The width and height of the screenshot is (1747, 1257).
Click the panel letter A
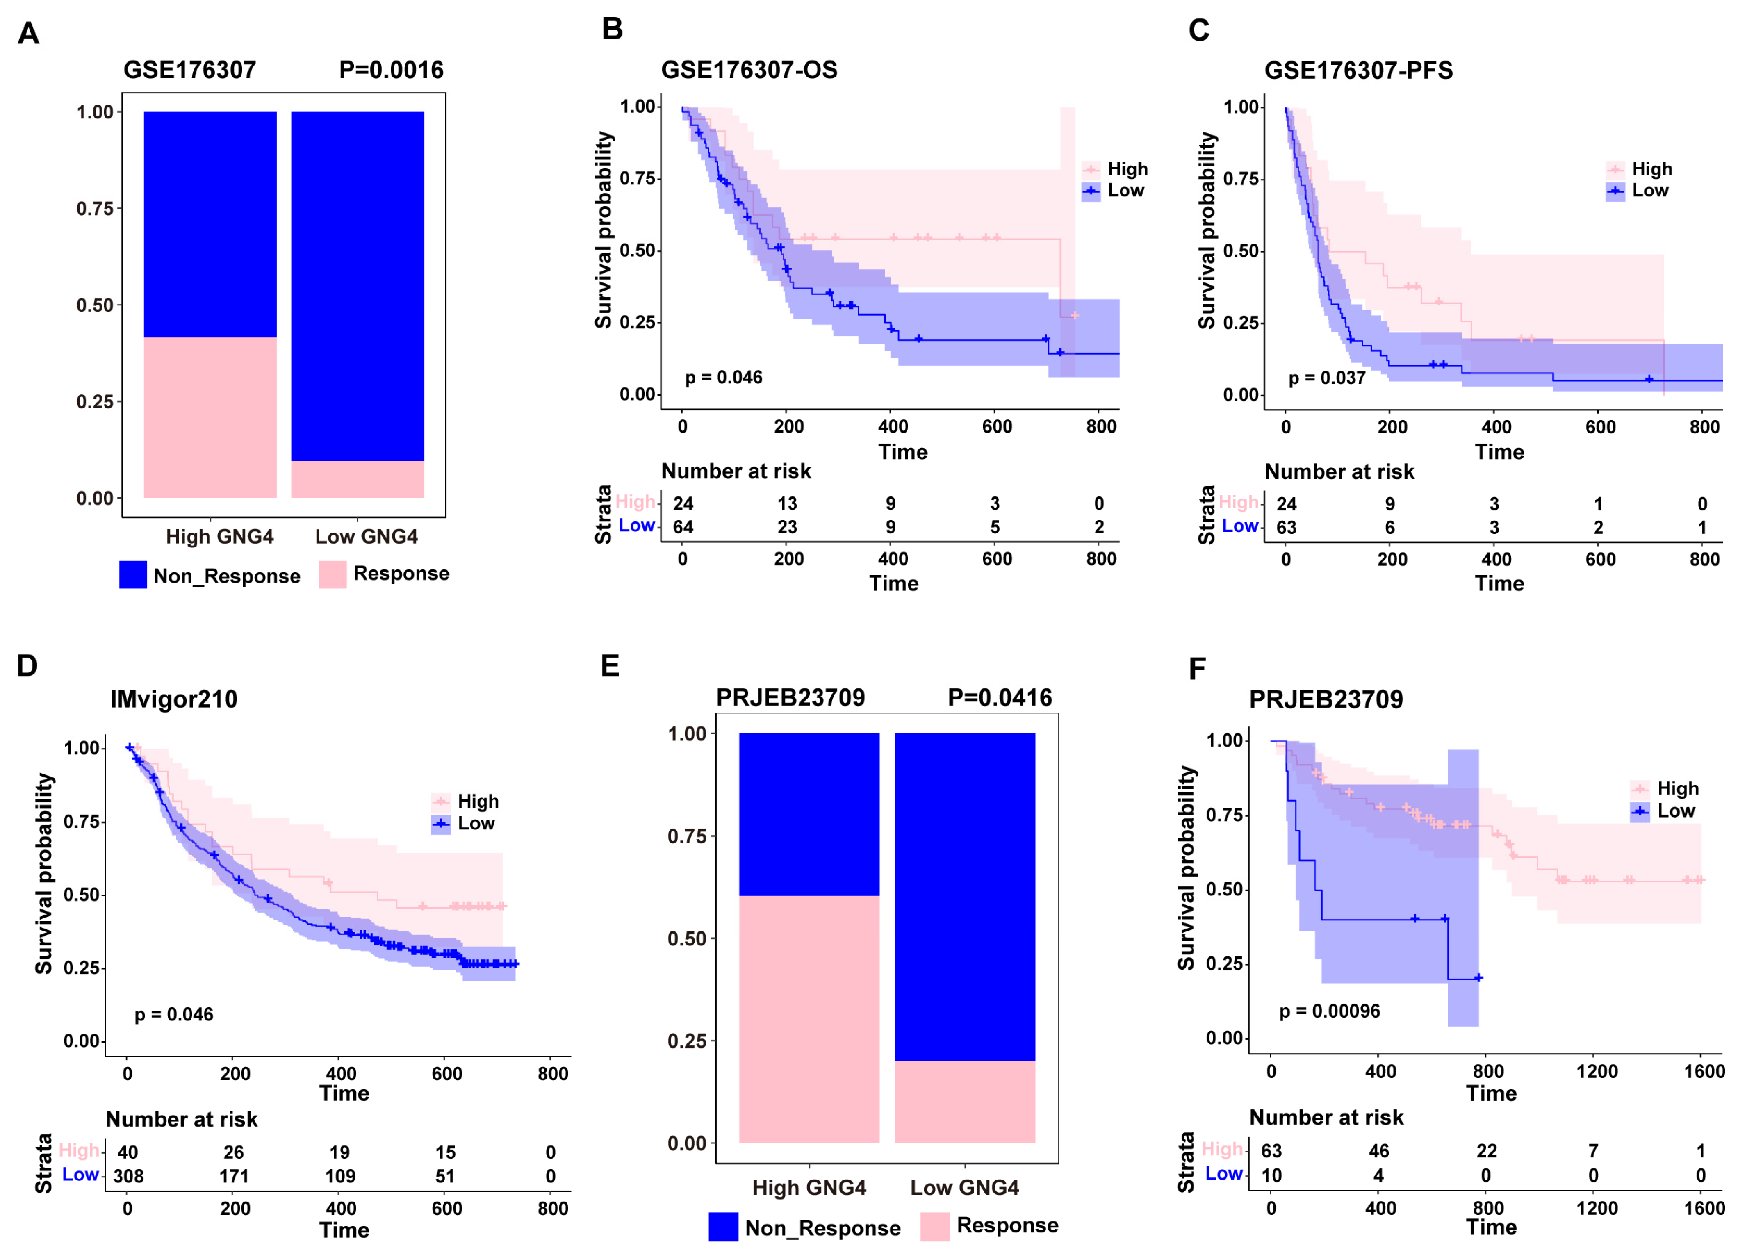click(29, 34)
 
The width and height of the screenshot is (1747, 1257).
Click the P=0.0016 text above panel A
click(391, 70)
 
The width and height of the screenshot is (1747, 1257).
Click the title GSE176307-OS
click(749, 70)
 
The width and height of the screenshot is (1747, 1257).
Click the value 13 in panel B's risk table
click(786, 504)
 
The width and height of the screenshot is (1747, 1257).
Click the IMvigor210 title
click(174, 699)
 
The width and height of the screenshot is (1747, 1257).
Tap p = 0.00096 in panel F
click(1330, 1011)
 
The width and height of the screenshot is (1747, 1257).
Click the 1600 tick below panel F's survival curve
click(1704, 1071)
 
